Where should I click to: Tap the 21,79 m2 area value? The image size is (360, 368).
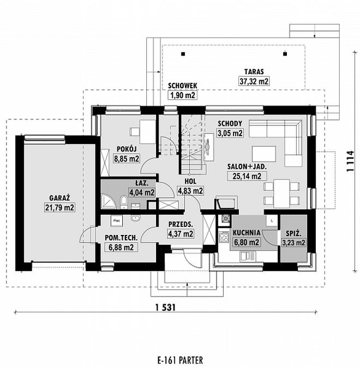(59, 207)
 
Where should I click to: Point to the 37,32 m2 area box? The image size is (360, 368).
(254, 81)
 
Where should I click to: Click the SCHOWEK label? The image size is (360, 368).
(182, 85)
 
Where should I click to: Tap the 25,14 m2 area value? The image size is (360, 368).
(244, 176)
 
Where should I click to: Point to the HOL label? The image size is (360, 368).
(190, 181)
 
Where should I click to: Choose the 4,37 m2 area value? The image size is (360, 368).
(180, 234)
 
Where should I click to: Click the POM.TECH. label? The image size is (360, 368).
(118, 238)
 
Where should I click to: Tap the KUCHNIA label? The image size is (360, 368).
(245, 232)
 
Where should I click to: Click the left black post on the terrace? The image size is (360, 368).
(184, 53)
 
